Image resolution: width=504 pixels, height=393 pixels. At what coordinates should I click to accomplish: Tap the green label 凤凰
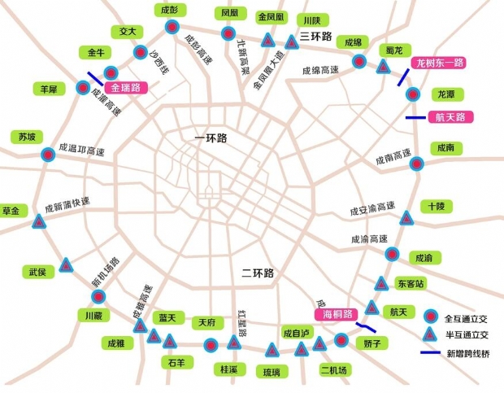tap(228, 13)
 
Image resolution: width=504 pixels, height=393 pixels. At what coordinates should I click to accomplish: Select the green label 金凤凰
tap(270, 16)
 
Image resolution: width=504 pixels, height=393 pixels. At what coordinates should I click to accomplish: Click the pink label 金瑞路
tap(125, 87)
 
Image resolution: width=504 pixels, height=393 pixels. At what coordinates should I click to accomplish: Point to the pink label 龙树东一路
tap(439, 63)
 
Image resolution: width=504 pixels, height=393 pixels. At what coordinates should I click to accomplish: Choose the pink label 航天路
tap(450, 117)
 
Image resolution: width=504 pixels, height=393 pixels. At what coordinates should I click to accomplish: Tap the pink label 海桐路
tap(336, 314)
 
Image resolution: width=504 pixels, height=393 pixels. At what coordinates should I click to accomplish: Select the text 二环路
tap(259, 273)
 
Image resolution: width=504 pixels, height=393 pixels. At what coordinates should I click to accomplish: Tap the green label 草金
tap(11, 211)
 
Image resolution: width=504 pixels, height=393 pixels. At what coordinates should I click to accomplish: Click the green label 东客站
tap(411, 284)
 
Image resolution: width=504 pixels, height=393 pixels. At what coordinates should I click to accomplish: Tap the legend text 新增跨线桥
tap(467, 353)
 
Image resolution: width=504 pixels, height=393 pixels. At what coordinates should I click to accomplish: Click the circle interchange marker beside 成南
tap(417, 164)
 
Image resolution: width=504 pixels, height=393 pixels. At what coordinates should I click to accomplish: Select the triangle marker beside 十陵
tap(406, 217)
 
